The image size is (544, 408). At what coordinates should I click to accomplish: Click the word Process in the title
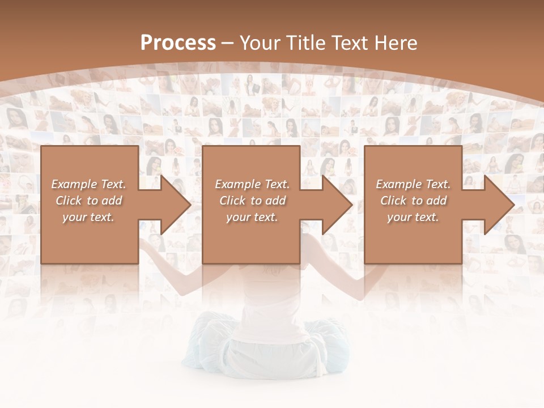[178, 43]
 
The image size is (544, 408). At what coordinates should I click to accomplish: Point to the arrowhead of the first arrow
[175, 205]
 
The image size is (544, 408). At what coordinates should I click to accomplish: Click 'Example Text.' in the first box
[88, 184]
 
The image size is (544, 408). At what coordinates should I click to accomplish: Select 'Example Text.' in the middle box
[252, 184]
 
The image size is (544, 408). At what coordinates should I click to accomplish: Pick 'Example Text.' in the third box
[413, 184]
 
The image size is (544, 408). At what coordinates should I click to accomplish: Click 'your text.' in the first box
[88, 217]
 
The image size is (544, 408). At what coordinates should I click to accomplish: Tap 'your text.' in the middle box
[252, 217]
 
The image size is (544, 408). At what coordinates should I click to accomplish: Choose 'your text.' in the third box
[413, 217]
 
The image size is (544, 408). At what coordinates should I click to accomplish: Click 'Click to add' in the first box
[88, 201]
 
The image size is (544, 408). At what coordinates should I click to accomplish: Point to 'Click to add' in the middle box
[252, 201]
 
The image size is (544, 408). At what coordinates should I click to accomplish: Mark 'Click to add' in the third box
[413, 201]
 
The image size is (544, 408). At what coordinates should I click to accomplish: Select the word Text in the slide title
[350, 43]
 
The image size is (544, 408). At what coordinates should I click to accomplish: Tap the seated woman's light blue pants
[215, 346]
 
